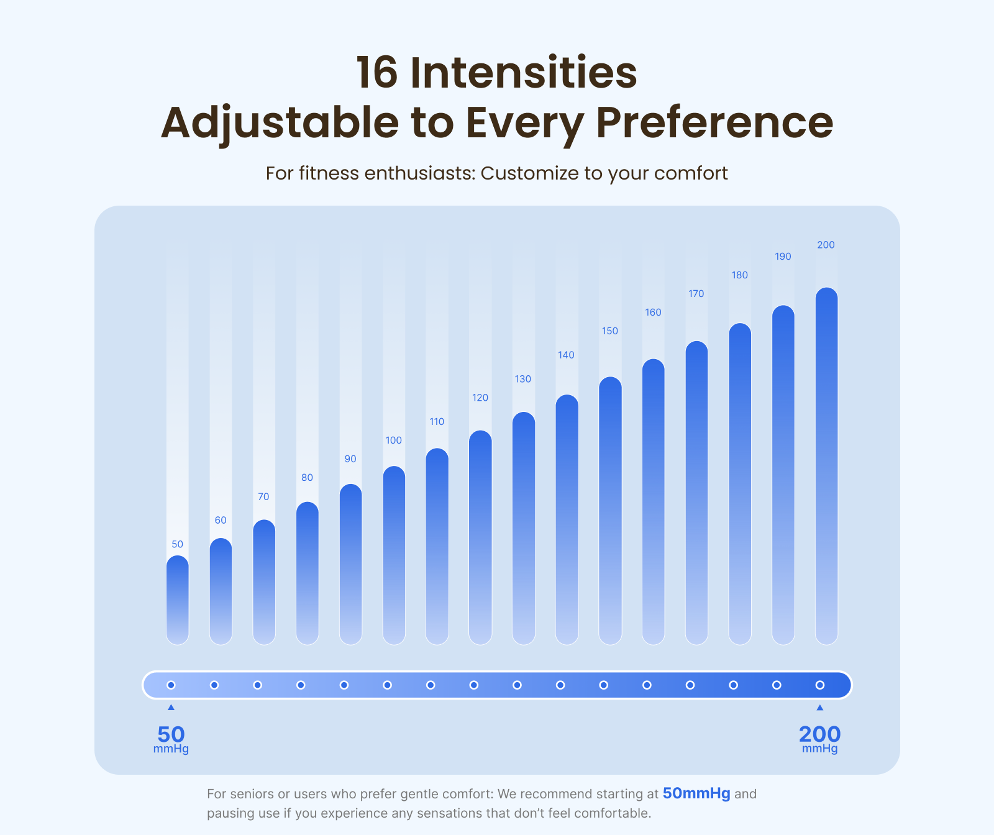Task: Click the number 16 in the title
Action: pyautogui.click(x=376, y=73)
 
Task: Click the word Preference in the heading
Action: pyautogui.click(x=714, y=122)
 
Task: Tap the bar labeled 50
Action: pyautogui.click(x=178, y=600)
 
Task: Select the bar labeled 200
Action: pyautogui.click(x=826, y=466)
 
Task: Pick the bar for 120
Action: pyautogui.click(x=480, y=537)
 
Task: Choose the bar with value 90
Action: pyautogui.click(x=350, y=564)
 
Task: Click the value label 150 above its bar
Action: pyautogui.click(x=610, y=331)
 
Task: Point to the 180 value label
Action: pyautogui.click(x=739, y=275)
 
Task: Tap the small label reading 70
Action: pyautogui.click(x=263, y=497)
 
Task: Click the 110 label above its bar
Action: pyautogui.click(x=437, y=422)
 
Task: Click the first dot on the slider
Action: pyautogui.click(x=171, y=685)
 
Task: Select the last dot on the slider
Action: pyautogui.click(x=820, y=685)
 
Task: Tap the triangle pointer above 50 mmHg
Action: pyautogui.click(x=171, y=708)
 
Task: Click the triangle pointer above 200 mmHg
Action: pyautogui.click(x=820, y=708)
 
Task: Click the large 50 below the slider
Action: pyautogui.click(x=171, y=734)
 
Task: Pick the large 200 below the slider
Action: pyautogui.click(x=820, y=734)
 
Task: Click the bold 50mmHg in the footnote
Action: pyautogui.click(x=696, y=793)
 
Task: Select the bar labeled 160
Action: pyautogui.click(x=653, y=501)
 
